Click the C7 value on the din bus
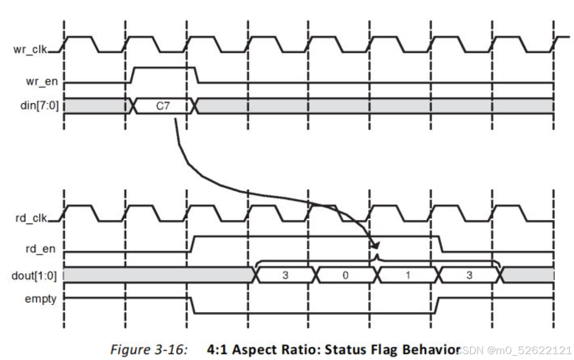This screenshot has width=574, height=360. point(162,105)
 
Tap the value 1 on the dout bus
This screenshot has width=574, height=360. point(407,275)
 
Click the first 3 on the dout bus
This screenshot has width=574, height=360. point(285,275)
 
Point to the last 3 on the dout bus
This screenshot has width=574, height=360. point(469,275)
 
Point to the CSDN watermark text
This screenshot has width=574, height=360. point(514,350)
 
